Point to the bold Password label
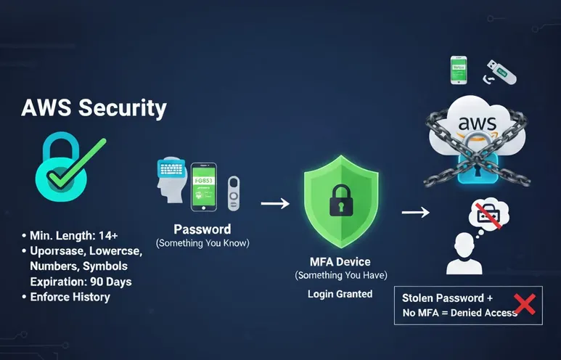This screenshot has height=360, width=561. point(202,229)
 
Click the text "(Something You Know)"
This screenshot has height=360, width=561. point(202,243)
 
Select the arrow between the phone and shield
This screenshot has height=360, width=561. point(274,204)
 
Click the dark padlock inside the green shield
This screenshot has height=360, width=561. point(340,199)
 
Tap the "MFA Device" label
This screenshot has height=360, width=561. point(340,261)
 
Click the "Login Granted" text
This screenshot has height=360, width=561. point(340,294)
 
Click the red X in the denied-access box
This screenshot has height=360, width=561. point(524,304)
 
